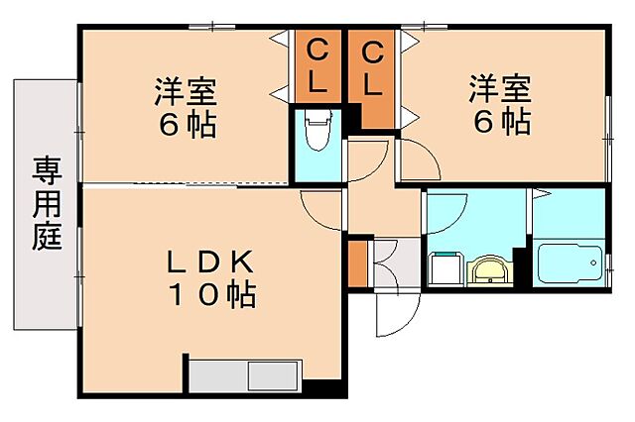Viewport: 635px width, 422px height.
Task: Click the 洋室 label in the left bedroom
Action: point(185,91)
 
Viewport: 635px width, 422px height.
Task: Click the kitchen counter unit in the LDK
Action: point(244,377)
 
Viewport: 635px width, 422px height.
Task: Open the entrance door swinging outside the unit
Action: point(391,316)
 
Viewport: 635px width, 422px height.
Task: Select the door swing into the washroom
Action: point(446,213)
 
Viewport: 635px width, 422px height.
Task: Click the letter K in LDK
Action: point(246,261)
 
